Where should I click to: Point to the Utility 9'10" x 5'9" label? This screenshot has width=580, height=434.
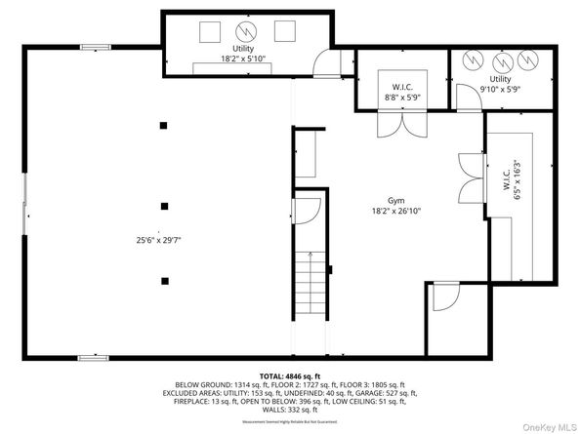(x=500, y=84)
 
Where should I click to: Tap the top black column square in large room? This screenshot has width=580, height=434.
(x=164, y=125)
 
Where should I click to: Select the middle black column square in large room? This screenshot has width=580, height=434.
(x=164, y=205)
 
